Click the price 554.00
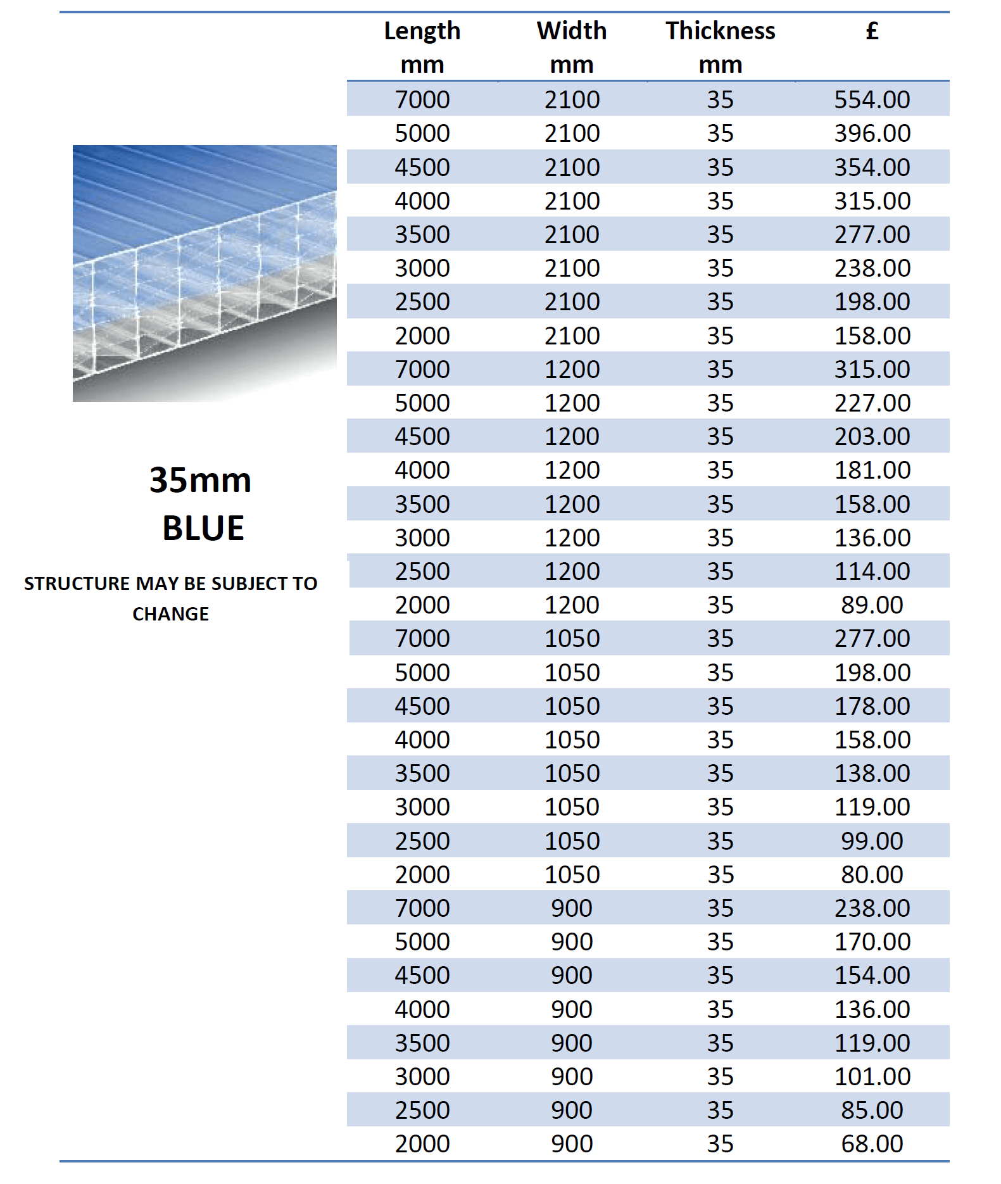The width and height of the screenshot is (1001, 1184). pos(872,99)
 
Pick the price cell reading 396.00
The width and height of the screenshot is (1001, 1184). pos(872,133)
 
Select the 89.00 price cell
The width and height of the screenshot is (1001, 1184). pos(872,605)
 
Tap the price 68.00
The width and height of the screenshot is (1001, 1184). pos(872,1143)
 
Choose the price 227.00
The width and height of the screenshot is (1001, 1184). pos(872,403)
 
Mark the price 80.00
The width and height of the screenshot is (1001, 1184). pos(872,874)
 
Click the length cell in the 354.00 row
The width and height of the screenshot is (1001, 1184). pos(422,167)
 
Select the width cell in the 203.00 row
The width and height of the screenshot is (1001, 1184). pos(572,436)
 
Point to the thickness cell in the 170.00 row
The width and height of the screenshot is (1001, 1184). pos(720,942)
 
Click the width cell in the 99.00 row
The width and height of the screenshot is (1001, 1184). pos(572,841)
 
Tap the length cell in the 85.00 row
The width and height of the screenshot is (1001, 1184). pos(422,1110)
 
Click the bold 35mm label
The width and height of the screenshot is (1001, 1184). pos(200,480)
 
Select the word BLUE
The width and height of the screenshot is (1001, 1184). pos(203,528)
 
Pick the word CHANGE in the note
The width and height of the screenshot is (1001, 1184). pos(170,614)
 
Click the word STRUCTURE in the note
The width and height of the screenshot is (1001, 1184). pos(77,583)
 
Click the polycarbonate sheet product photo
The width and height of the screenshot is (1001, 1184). pos(205,273)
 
